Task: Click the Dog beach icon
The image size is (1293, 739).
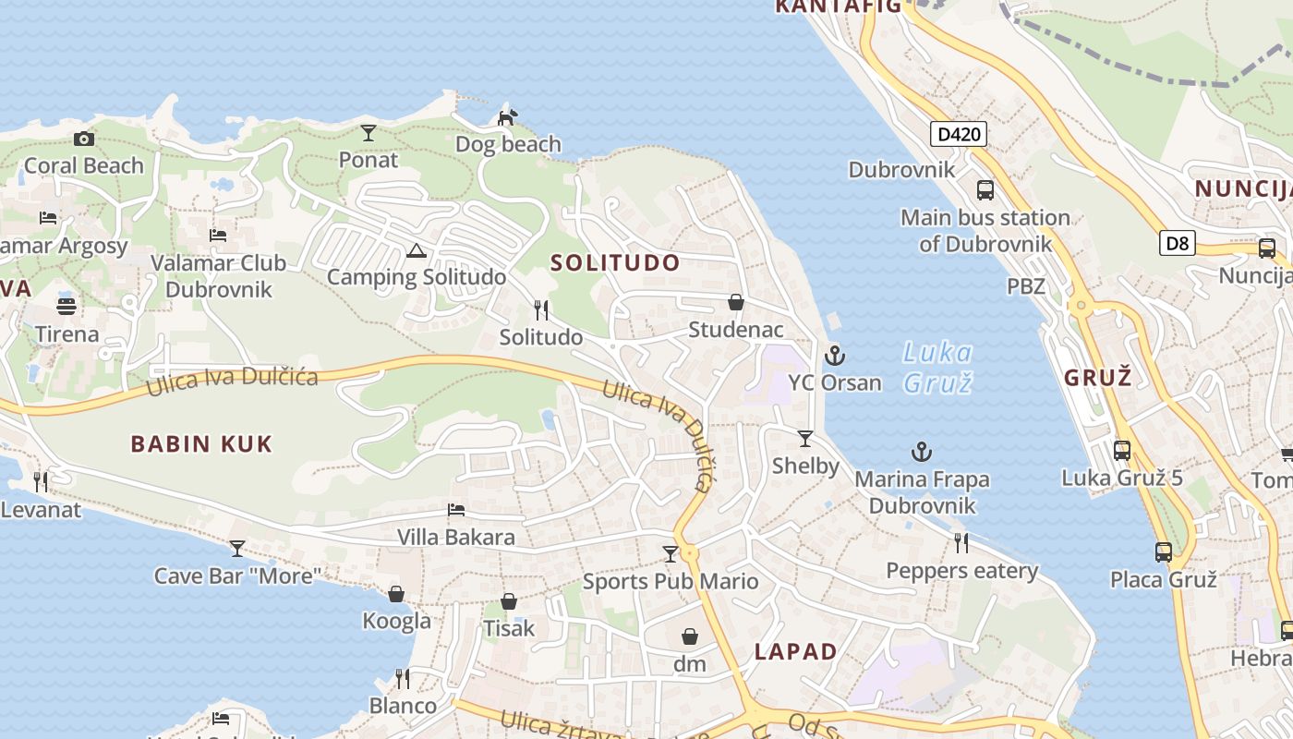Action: [507, 117]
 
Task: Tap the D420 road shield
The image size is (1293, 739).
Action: [958, 135]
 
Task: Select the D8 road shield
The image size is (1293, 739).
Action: [1178, 244]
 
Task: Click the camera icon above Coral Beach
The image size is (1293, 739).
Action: [84, 139]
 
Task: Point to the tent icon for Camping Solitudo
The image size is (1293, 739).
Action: [417, 250]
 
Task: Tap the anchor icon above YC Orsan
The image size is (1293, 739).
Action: [835, 356]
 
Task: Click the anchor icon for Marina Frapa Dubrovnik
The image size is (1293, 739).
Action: [922, 452]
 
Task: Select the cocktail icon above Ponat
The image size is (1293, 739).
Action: [369, 133]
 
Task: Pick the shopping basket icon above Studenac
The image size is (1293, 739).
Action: [736, 302]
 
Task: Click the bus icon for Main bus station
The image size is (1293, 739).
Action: [985, 190]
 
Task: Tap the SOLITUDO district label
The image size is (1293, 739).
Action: [615, 262]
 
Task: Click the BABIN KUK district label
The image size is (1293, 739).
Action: [201, 444]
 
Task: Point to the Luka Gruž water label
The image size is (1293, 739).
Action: [937, 367]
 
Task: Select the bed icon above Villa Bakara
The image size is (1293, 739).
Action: [455, 510]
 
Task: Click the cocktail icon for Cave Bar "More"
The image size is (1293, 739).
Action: [237, 549]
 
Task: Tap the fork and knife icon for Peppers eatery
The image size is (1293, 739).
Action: [961, 542]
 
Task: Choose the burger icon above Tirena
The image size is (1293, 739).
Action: [66, 306]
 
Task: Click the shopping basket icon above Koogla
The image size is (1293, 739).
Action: [396, 594]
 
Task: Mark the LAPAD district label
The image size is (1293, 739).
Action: [795, 651]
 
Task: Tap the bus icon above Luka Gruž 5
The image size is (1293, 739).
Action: [1122, 451]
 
